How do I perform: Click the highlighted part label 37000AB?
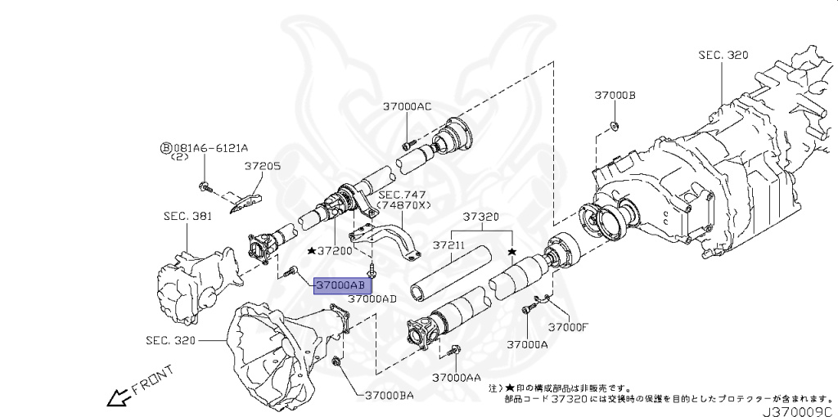(x=340, y=285)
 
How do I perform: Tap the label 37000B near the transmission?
(x=615, y=96)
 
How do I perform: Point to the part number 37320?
(x=480, y=217)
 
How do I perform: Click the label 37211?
(x=448, y=244)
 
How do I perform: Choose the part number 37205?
(x=262, y=166)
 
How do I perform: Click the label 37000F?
(x=568, y=327)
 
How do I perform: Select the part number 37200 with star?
(x=333, y=249)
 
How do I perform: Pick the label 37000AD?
(x=372, y=299)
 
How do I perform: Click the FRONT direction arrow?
(x=115, y=398)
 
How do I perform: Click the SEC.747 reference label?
(x=400, y=195)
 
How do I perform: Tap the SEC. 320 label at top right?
(x=723, y=55)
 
